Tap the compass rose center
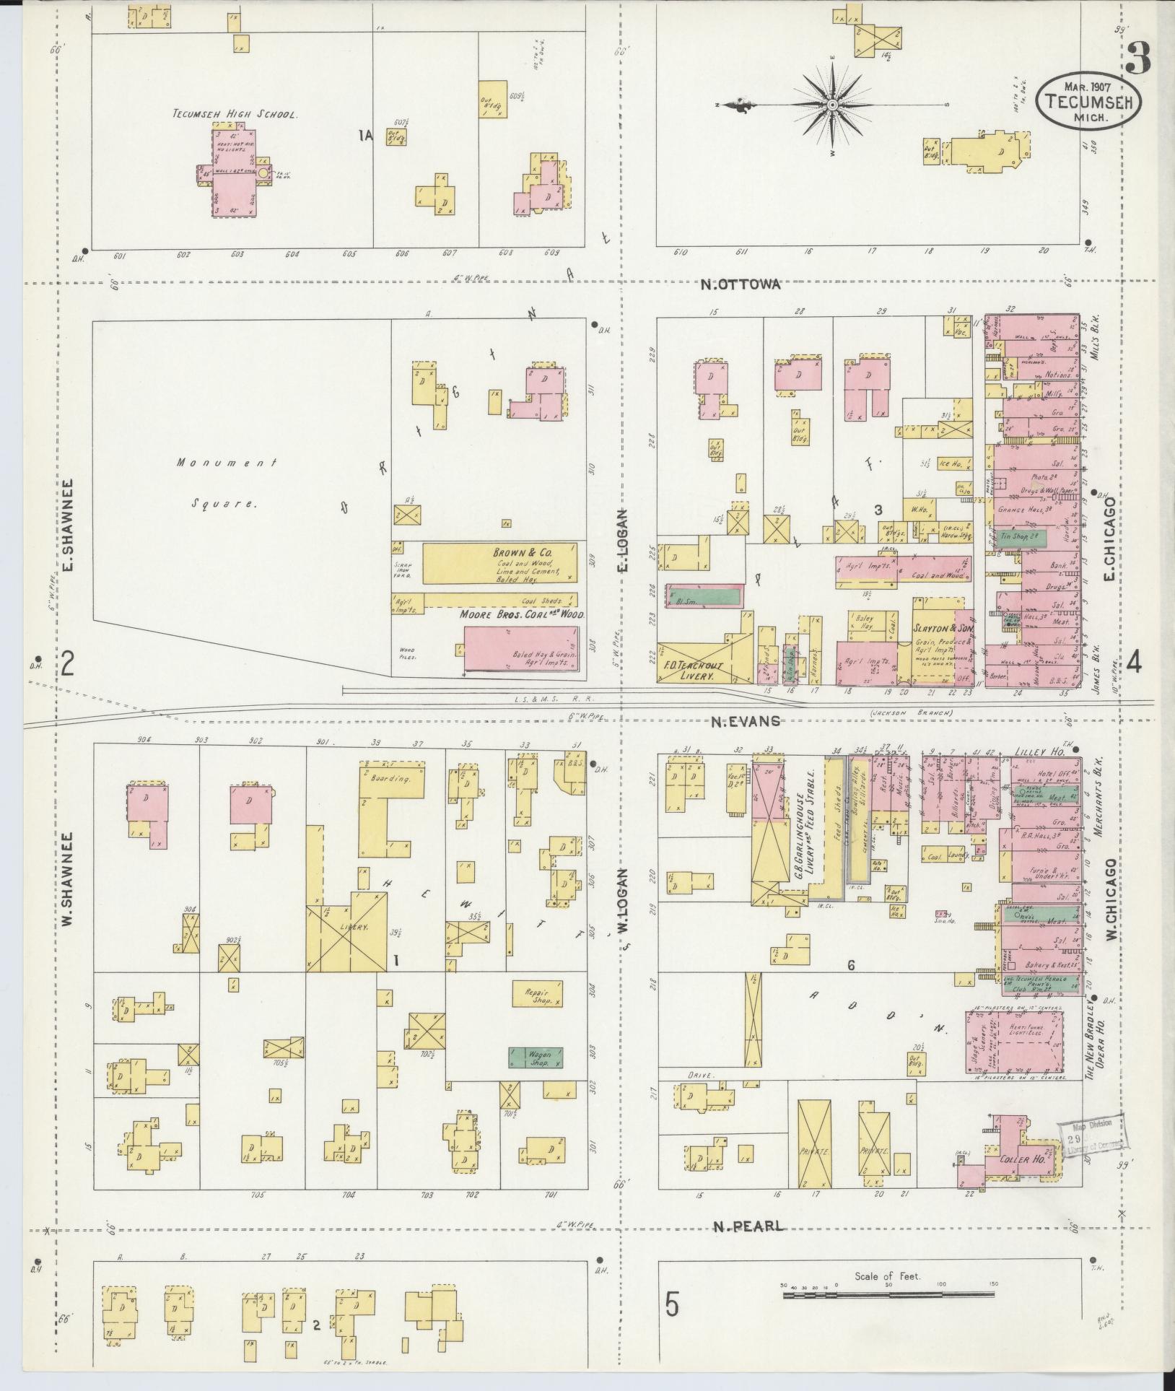[831, 105]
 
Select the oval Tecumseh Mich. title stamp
[1091, 102]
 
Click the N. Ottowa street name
[741, 284]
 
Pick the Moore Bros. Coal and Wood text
[522, 615]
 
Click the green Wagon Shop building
[536, 1058]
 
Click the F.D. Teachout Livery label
[688, 671]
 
